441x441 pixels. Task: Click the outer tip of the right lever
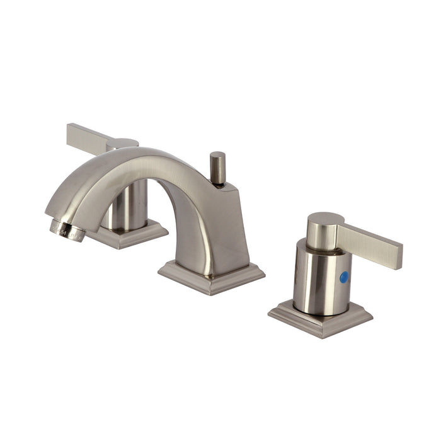[397, 249]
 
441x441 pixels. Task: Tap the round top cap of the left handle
[123, 143]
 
